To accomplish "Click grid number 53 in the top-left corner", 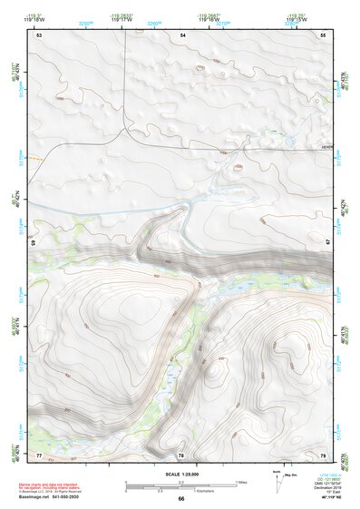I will point(39,34).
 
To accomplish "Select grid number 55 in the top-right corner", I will point(323,34).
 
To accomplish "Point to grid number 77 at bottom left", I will point(39,454).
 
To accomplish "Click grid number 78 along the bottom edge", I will point(180,454).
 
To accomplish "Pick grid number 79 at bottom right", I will point(323,454).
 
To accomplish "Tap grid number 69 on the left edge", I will point(34,243).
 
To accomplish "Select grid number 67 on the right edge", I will point(328,243).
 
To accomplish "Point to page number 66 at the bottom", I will point(180,498).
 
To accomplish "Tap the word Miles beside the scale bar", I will point(240,481).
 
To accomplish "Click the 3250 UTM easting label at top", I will point(86,23).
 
